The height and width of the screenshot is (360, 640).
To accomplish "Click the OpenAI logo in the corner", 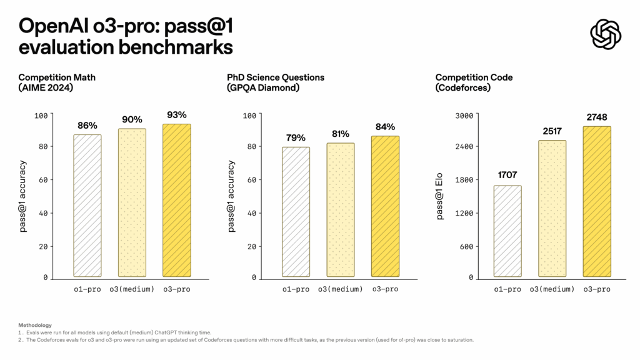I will [606, 34].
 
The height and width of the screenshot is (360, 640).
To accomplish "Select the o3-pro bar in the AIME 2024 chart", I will [177, 200].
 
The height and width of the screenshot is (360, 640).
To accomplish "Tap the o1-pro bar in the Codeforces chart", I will [507, 231].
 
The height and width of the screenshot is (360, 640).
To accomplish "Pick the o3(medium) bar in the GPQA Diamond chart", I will [341, 209].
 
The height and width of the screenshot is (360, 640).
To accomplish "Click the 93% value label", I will [177, 115].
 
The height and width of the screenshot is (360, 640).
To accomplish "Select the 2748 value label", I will [597, 117].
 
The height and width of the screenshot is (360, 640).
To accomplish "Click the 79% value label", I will [296, 138].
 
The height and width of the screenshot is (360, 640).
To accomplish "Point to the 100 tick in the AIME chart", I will [41, 115].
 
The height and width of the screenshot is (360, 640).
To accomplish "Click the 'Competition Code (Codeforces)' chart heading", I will [474, 82].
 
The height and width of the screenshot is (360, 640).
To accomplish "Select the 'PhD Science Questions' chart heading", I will [276, 77].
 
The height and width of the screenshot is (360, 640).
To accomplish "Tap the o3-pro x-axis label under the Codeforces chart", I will [596, 289].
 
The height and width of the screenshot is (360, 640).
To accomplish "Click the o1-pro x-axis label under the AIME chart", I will [87, 289].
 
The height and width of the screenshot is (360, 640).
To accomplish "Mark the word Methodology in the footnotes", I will [35, 325].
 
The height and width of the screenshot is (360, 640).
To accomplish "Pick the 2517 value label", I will [552, 131].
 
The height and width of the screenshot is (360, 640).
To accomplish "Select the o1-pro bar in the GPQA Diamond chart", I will [296, 211].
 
